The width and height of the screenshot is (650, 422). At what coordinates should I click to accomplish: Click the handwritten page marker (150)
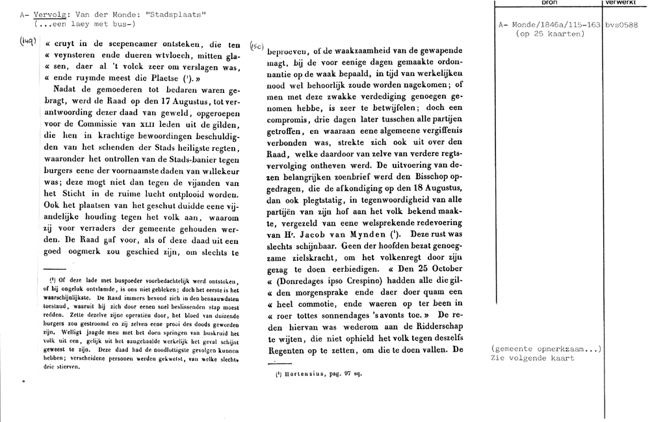[257, 46]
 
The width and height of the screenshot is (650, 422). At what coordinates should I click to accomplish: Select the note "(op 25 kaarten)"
[549, 33]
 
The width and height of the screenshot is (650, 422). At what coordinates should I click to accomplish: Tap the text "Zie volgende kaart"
[533, 358]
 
